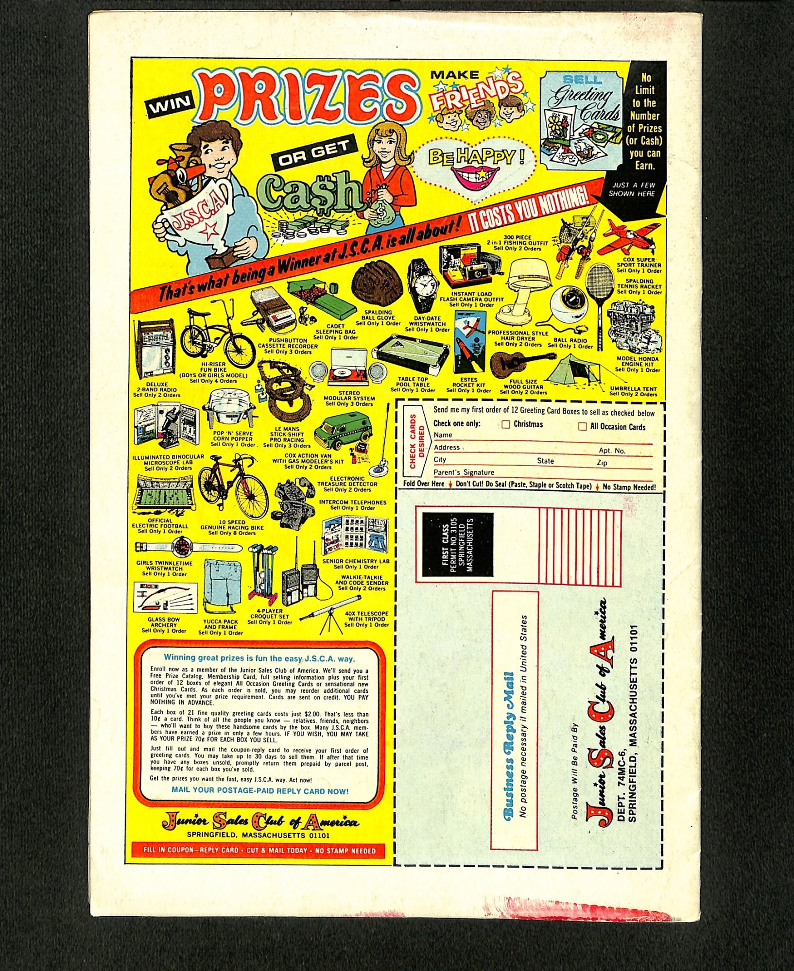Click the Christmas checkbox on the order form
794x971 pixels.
tap(506, 424)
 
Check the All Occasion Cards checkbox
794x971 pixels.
tap(582, 427)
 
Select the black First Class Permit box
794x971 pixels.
tap(457, 544)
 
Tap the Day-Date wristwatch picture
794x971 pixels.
tap(423, 285)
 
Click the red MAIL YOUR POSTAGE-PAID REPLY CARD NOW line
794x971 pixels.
tap(260, 791)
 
